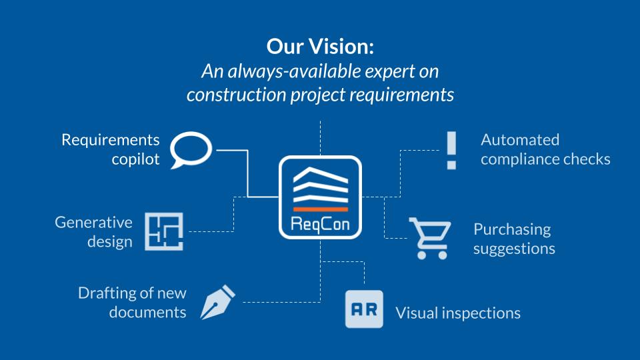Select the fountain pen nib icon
click(x=217, y=302)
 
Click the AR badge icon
click(x=364, y=309)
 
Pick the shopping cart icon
click(x=430, y=239)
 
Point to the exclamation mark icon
click(x=451, y=150)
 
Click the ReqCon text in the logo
click(x=320, y=224)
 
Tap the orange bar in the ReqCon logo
click(x=321, y=209)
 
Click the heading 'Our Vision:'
click(x=320, y=46)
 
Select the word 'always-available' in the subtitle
click(x=294, y=71)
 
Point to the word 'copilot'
click(x=135, y=159)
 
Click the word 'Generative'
click(x=93, y=223)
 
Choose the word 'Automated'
click(x=520, y=140)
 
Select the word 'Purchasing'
click(x=512, y=230)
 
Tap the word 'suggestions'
click(x=514, y=249)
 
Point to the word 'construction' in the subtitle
click(x=236, y=95)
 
